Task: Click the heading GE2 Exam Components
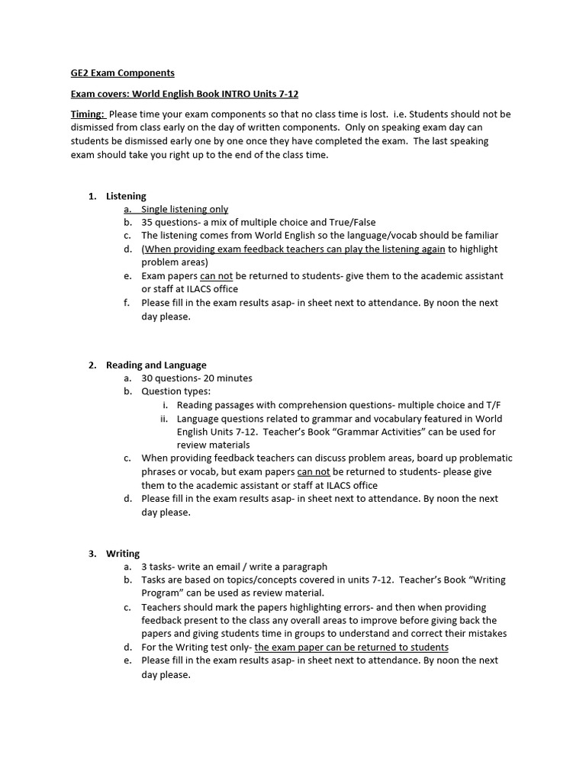tap(122, 73)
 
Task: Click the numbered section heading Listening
tap(126, 196)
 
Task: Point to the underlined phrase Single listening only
tap(185, 209)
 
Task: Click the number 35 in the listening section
tap(148, 222)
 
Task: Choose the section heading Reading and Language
tap(156, 365)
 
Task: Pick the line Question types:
tap(175, 391)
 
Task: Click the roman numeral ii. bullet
tap(164, 419)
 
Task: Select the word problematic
tap(485, 458)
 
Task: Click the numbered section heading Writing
tap(123, 554)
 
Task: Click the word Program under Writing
tap(159, 593)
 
